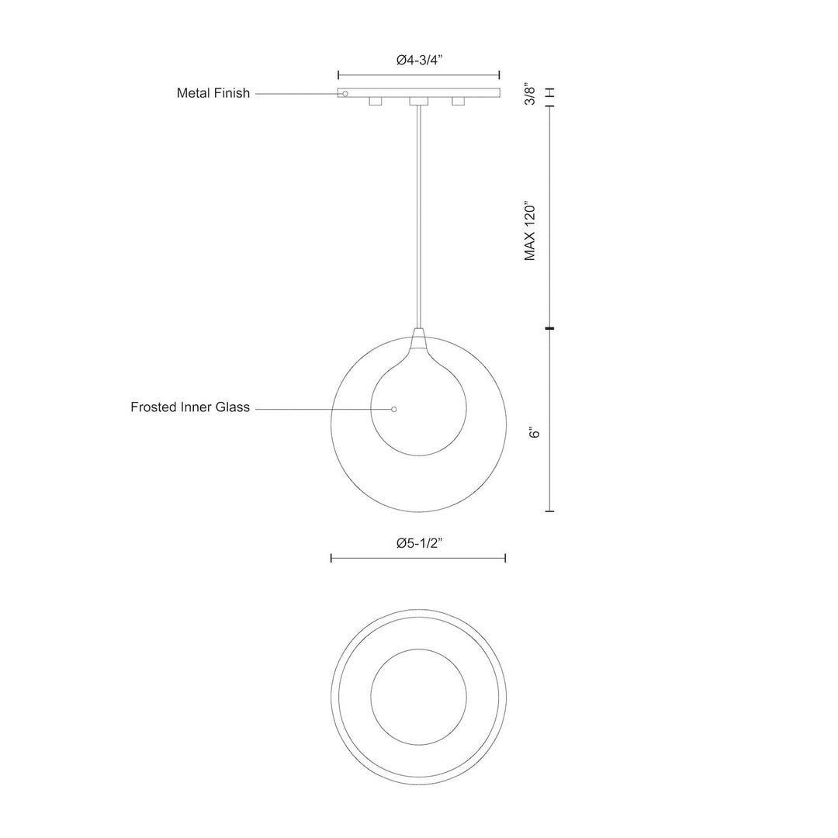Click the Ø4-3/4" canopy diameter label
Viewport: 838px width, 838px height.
[419, 60]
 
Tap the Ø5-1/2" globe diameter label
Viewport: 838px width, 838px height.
[419, 544]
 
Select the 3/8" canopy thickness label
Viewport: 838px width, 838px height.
[531, 93]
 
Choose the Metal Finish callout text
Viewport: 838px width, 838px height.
[213, 93]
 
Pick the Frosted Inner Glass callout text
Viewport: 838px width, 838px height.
[190, 407]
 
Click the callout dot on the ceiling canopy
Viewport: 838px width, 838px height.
[345, 94]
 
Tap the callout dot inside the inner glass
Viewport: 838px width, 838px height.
[394, 409]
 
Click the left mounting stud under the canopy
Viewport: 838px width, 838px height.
[376, 102]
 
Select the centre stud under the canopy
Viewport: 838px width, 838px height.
[418, 102]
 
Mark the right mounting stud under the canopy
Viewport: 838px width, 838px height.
[458, 102]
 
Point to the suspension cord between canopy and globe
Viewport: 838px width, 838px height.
[418, 217]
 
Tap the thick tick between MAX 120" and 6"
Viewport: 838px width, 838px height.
[550, 330]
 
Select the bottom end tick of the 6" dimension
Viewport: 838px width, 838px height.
[550, 511]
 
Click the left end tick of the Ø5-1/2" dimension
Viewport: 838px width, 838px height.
[331, 558]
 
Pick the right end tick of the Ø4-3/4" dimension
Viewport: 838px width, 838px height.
[499, 75]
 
